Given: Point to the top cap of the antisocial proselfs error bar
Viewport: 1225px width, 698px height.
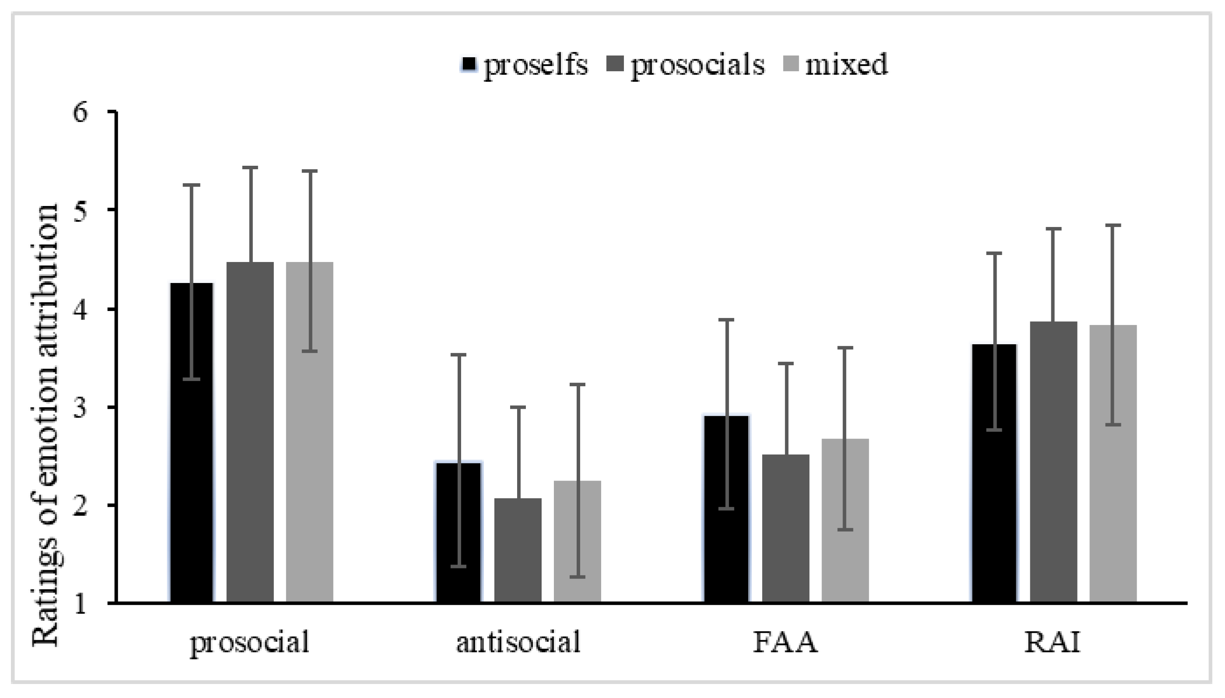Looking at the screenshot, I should tap(458, 355).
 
